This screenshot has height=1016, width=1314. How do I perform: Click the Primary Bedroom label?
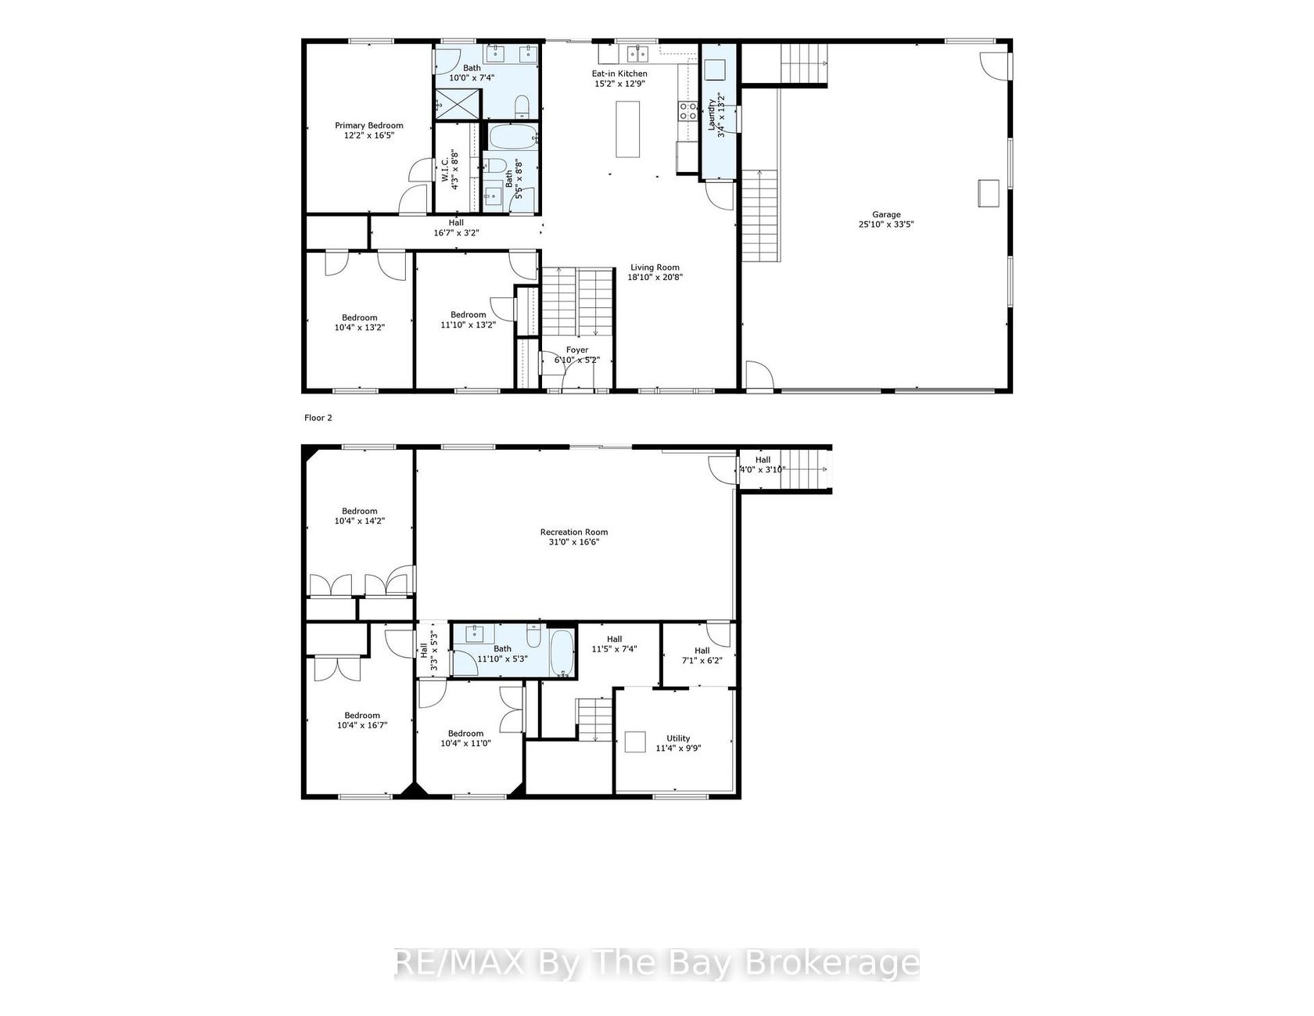[x=369, y=125]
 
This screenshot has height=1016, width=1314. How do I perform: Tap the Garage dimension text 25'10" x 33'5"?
[x=887, y=224]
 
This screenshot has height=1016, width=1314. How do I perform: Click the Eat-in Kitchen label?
[x=619, y=74]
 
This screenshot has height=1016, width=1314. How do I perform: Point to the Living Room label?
[x=655, y=267]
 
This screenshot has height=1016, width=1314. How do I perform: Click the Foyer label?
[x=577, y=350]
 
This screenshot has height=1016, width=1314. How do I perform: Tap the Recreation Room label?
[x=574, y=533]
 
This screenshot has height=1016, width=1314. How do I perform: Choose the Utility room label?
[x=678, y=738]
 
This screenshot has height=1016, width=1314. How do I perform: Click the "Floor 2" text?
[x=318, y=418]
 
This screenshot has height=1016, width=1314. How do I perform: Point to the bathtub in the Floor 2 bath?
[x=562, y=654]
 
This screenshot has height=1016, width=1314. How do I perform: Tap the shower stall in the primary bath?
[x=458, y=102]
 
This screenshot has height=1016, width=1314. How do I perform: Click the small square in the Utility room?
[x=634, y=741]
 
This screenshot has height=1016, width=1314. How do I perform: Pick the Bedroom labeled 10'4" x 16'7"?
[x=362, y=720]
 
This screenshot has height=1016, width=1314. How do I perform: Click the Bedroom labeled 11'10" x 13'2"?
[x=469, y=320]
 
